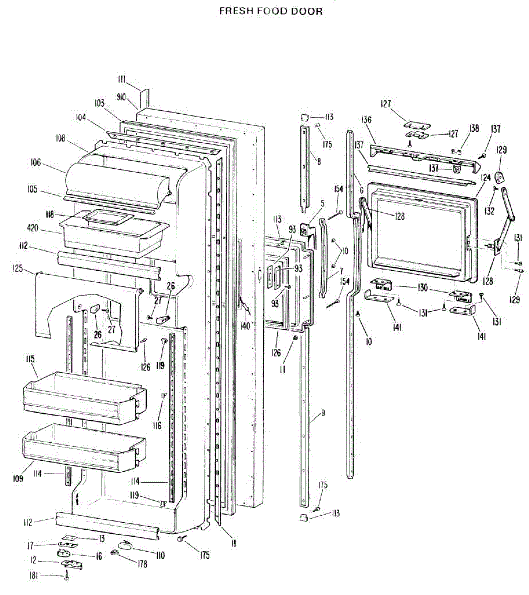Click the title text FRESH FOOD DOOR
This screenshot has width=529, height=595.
(x=271, y=11)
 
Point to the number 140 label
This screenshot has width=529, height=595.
(x=244, y=326)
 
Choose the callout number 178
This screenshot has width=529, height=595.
(x=128, y=564)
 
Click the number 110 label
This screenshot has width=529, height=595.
(x=159, y=556)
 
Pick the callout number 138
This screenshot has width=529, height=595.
(x=474, y=128)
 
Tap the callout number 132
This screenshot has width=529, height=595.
(x=490, y=211)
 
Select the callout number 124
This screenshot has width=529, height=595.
(x=485, y=177)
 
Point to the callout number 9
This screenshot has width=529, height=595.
(x=323, y=413)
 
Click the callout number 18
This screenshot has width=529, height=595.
(x=234, y=543)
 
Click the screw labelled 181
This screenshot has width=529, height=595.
(x=67, y=576)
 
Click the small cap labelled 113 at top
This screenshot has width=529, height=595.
(x=303, y=117)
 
